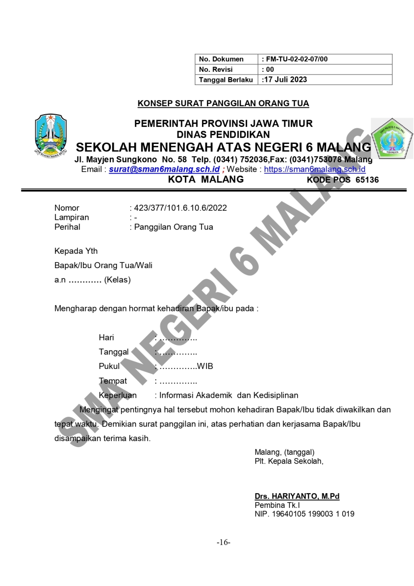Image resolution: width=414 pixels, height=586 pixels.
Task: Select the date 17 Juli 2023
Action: point(285,80)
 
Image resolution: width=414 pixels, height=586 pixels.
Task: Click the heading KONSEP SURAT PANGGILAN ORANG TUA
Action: point(223,103)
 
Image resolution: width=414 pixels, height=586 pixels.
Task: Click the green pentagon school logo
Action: point(392,138)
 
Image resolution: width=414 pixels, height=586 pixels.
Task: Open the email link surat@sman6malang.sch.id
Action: point(164,170)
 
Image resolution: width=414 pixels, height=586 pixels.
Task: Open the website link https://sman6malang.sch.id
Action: point(315,170)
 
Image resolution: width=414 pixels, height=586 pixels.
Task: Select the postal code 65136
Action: point(367,180)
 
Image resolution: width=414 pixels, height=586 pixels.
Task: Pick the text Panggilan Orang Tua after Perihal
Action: point(173,227)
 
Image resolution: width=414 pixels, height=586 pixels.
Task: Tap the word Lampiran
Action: point(72,218)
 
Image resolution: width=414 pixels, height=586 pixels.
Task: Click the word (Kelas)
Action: point(117,280)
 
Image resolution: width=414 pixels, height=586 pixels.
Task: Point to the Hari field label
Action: point(106,338)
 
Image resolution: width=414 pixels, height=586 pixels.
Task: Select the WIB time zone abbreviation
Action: point(205,367)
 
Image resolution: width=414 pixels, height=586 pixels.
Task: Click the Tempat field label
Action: point(113,381)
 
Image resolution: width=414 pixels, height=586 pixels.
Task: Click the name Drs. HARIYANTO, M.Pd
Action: point(297,496)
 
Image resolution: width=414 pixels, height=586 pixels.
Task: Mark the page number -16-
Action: point(224,543)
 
